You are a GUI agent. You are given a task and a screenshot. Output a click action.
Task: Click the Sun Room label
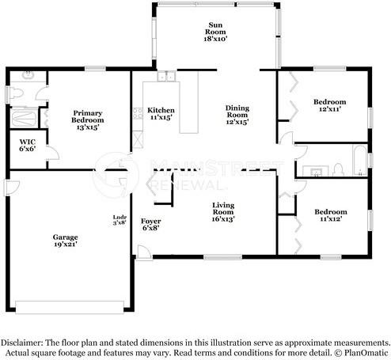pos(215,32)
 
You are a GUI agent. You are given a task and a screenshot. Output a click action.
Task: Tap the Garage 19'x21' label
pos(65,241)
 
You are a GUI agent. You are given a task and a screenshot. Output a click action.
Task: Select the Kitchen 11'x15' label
pos(161,114)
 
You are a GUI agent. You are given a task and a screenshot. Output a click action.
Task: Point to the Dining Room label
pos(237,115)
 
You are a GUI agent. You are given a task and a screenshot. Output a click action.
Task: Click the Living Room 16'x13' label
pos(223,212)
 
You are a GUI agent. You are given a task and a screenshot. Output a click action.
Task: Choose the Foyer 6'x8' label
pos(150,225)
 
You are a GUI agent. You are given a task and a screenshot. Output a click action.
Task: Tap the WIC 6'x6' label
pos(27,146)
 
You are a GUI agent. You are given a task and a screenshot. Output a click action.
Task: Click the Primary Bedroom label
pos(88,120)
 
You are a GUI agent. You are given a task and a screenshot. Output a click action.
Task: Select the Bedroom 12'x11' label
pos(330,105)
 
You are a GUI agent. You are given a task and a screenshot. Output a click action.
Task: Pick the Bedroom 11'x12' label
pos(331,215)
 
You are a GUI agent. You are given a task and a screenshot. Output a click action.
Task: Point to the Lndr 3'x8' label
pos(120,220)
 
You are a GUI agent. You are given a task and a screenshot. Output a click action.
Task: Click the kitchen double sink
pos(166,76)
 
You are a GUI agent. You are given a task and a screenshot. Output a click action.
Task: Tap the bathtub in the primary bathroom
pos(25,118)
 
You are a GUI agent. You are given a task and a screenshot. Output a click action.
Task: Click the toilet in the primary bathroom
pos(17,93)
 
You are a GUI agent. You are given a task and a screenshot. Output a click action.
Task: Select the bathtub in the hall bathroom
pos(360,160)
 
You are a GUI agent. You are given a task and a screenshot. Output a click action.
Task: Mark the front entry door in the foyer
pos(144,252)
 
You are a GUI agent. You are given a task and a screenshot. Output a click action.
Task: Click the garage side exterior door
pos(12,188)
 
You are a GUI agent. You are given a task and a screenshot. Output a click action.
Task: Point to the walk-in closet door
pos(53,153)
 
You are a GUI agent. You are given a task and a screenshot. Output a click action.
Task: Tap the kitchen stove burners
pos(138,113)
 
